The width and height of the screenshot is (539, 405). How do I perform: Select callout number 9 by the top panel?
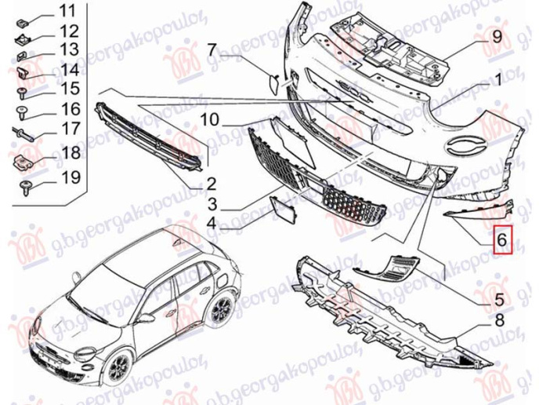pos(496,36)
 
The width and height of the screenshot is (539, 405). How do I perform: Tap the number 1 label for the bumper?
pos(496,79)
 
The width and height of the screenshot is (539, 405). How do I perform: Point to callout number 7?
pos(212,50)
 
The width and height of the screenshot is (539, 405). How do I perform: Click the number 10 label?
pos(208,121)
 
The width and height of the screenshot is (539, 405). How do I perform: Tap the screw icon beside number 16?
pos(21,109)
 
